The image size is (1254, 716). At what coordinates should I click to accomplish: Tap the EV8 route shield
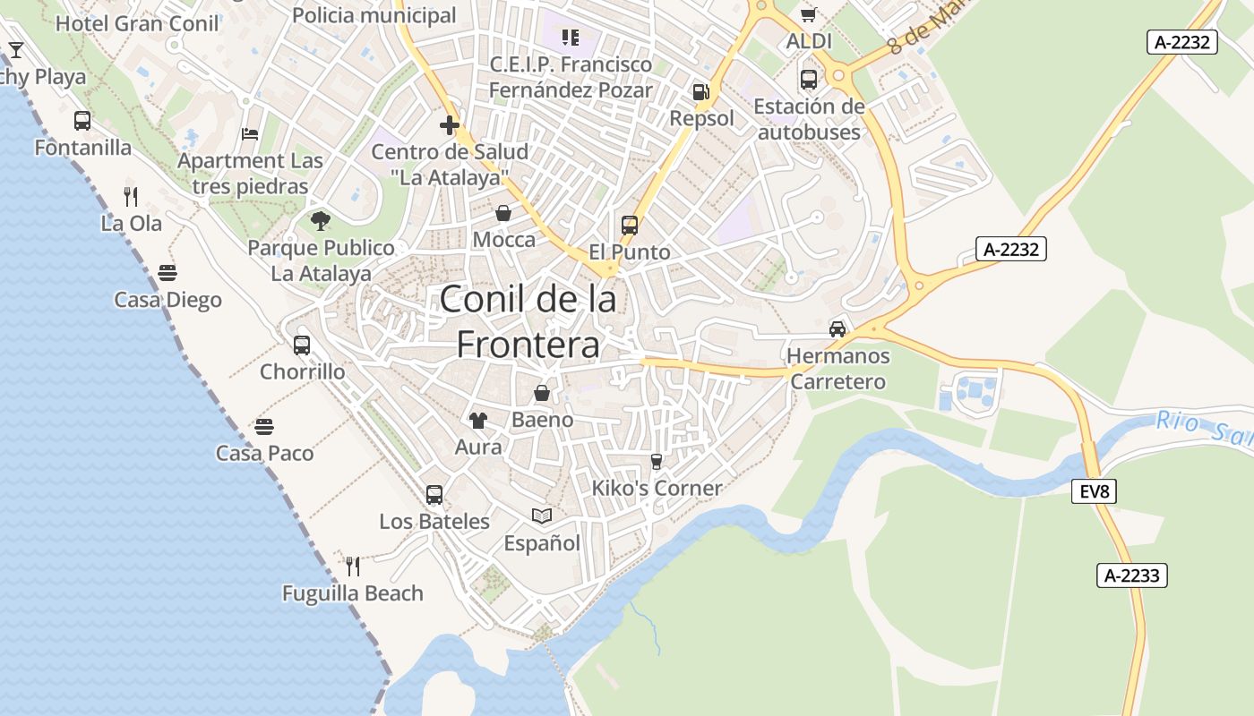[1094, 491]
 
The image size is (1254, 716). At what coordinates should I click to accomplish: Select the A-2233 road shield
[1132, 575]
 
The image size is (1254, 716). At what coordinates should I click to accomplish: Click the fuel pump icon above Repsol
[700, 92]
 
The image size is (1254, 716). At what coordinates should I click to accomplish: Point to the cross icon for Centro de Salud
[450, 125]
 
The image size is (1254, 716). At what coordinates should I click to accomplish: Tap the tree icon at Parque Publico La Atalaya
[321, 220]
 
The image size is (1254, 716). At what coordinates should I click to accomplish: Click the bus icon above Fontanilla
[82, 120]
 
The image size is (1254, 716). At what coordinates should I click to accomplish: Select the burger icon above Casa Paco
[264, 426]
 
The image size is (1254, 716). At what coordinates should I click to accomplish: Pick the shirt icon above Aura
[478, 420]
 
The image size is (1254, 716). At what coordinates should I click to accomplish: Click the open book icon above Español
[542, 516]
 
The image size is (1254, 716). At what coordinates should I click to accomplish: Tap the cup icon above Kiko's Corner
[657, 461]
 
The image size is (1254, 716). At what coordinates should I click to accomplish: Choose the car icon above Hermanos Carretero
[837, 328]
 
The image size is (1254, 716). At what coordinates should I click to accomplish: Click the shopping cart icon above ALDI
[809, 14]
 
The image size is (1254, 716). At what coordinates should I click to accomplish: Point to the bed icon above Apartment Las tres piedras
[250, 134]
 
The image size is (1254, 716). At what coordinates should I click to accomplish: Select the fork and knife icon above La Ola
[131, 196]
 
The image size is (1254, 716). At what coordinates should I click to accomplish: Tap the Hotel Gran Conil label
[137, 23]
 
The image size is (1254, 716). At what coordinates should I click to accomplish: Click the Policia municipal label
[374, 15]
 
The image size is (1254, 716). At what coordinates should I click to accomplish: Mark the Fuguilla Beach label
[353, 593]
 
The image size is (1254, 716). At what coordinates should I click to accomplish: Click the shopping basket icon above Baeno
[542, 392]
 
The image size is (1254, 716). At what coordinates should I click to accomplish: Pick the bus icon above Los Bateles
[434, 494]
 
